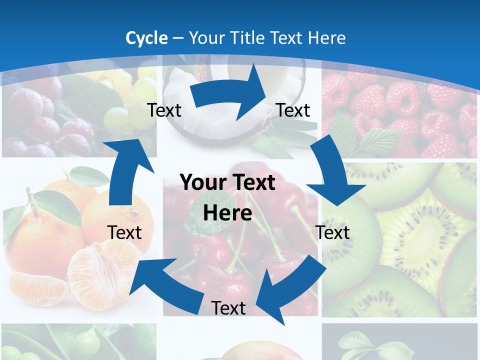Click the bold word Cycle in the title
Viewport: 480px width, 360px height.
[x=146, y=38]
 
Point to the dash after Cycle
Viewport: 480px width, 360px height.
[x=178, y=38]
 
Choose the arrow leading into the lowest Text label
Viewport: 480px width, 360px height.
[x=290, y=285]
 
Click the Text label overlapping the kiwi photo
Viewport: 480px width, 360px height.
[x=333, y=232]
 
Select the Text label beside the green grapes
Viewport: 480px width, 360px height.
[x=164, y=110]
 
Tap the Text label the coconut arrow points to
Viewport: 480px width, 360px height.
[x=293, y=110]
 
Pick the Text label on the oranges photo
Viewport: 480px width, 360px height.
[x=124, y=232]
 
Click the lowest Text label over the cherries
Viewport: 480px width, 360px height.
[x=228, y=308]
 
